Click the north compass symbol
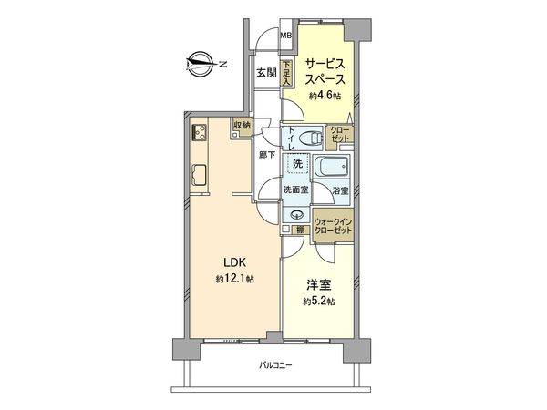tap(198, 62)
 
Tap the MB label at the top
tap(286, 36)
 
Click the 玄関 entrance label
tap(265, 73)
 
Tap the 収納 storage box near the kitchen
tap(242, 128)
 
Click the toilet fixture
tap(312, 138)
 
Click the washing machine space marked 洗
tap(296, 165)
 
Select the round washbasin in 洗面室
tap(295, 215)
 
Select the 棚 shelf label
tap(298, 230)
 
